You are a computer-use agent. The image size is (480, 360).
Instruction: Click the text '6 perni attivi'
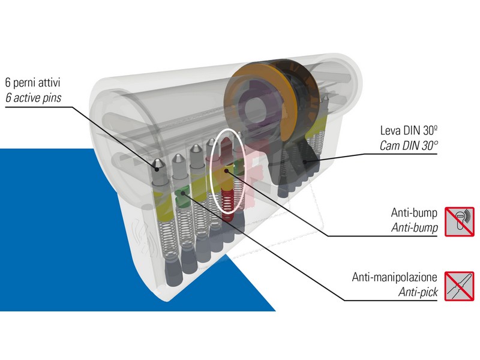coord(33,83)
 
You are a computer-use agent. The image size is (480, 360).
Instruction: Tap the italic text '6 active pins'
coord(34,98)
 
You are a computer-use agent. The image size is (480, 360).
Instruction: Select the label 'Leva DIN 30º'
coord(409,131)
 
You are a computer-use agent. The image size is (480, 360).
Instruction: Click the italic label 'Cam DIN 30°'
coord(409,146)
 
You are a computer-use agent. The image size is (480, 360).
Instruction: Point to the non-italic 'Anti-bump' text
coord(414,212)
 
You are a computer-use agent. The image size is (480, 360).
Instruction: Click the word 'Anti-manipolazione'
coord(394,277)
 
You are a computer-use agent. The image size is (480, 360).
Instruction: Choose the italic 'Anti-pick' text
coord(418,292)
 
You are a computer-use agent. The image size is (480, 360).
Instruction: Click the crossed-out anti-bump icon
coord(460,221)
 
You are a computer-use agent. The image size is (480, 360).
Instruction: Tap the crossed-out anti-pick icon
coord(460,286)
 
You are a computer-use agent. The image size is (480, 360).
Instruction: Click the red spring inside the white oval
coord(227,203)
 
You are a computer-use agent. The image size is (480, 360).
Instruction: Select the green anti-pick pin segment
coord(182,197)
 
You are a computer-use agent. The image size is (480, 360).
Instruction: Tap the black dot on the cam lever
coord(305,161)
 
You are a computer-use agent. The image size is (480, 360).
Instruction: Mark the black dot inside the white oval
coord(226,170)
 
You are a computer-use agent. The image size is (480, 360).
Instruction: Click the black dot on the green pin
coord(183,193)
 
